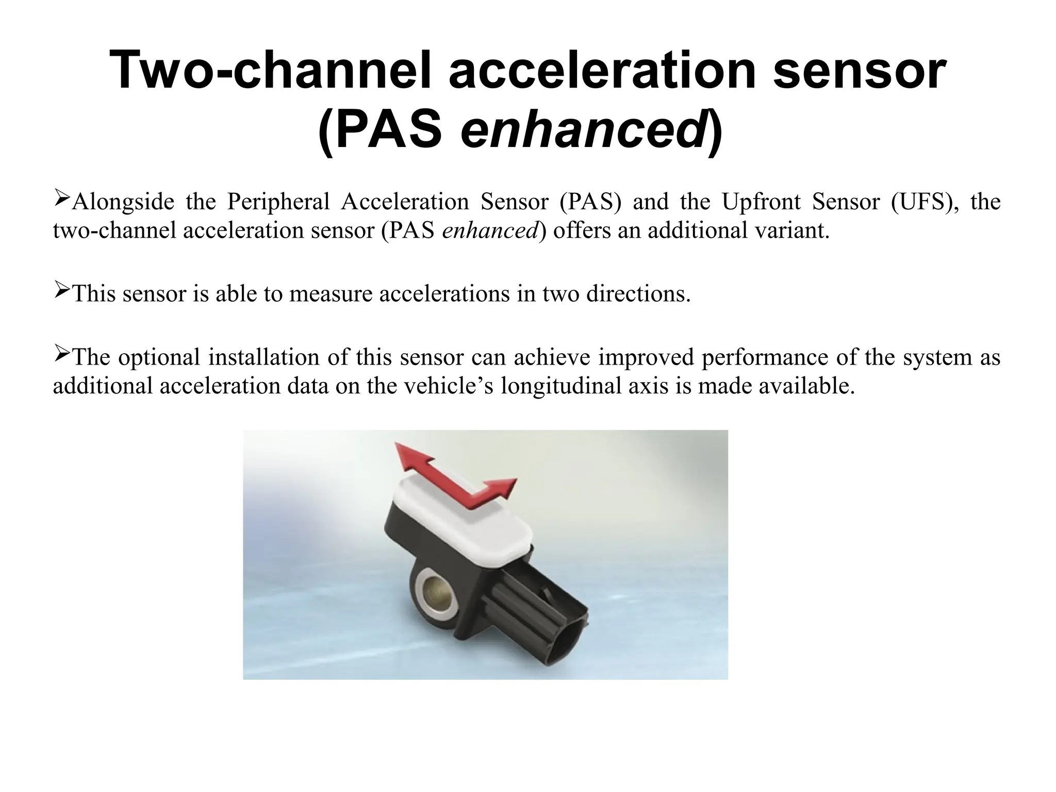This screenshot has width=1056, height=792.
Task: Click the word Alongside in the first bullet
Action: [123, 202]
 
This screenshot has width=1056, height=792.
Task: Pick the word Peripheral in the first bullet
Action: [278, 202]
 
